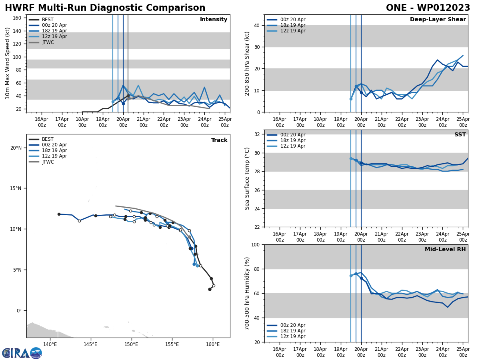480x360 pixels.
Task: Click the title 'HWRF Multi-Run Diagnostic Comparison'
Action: click(105, 8)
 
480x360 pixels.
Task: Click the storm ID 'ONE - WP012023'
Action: click(428, 8)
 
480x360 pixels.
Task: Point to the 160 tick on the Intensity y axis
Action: click(18, 18)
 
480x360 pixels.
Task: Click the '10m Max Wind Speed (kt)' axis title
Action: click(8, 63)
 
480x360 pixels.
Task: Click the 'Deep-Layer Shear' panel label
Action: click(438, 20)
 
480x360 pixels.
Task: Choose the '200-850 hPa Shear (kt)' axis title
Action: click(248, 63)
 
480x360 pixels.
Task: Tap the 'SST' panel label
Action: click(460, 135)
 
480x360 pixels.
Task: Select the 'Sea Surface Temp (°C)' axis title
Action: click(248, 178)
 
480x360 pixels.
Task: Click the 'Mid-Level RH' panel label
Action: click(445, 250)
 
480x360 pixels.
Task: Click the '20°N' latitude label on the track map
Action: click(16, 148)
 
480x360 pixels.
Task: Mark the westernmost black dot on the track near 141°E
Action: click(59, 214)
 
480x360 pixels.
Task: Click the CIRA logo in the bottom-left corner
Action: click(22, 353)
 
